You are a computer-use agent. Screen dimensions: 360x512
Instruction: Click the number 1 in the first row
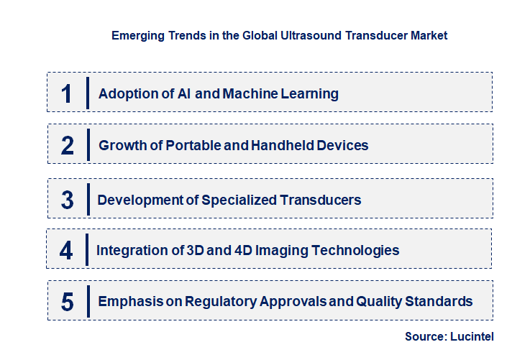pyautogui.click(x=67, y=93)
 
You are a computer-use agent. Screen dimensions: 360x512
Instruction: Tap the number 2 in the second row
pyautogui.click(x=68, y=146)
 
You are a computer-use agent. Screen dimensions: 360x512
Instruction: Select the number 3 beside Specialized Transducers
pyautogui.click(x=68, y=200)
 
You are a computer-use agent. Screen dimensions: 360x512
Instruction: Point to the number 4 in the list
pyautogui.click(x=67, y=251)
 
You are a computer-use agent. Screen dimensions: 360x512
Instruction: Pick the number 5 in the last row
pyautogui.click(x=68, y=302)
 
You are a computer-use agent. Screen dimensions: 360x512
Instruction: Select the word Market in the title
pyautogui.click(x=429, y=35)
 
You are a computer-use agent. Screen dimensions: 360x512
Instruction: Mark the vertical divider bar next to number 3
pyautogui.click(x=86, y=200)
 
